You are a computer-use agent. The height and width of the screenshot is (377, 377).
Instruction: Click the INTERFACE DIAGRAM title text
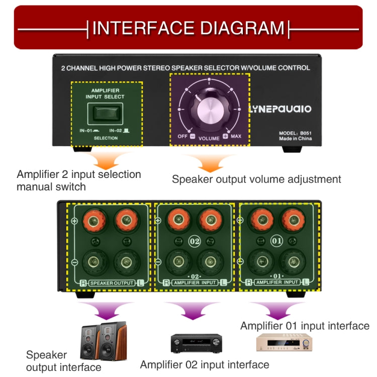pyautogui.click(x=188, y=28)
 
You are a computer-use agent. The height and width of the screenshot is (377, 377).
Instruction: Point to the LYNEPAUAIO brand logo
pyautogui.click(x=280, y=109)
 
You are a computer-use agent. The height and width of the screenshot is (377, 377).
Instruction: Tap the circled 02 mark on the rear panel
pyautogui.click(x=195, y=241)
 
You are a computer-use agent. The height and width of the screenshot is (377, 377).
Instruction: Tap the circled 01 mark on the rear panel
pyautogui.click(x=276, y=240)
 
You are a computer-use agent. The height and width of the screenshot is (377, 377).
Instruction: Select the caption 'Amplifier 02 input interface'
pyautogui.click(x=205, y=364)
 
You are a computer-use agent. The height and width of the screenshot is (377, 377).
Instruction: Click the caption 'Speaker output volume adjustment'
pyautogui.click(x=256, y=179)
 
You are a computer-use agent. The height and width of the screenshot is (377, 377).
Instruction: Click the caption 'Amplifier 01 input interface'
pyautogui.click(x=305, y=326)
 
